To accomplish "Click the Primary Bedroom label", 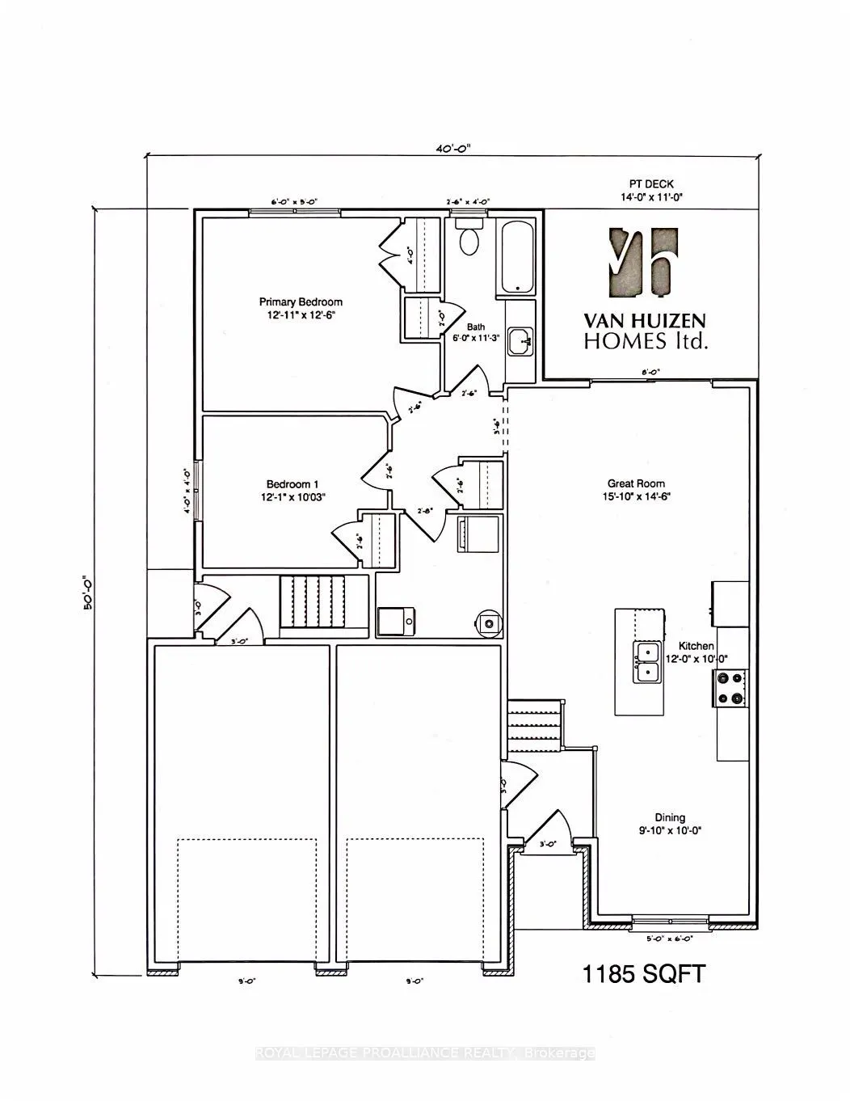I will point(301,308).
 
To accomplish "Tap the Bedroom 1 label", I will point(289,490).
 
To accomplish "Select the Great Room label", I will point(637,490).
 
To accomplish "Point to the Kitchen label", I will point(696,652).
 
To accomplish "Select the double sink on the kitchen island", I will point(647,661).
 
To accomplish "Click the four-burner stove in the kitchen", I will point(730,688).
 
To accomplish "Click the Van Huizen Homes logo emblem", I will point(643,260).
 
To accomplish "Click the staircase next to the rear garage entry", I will point(312,601).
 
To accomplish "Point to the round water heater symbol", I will point(487,622).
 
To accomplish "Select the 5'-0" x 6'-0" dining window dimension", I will point(670,939).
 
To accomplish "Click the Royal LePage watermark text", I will point(425,1053).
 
